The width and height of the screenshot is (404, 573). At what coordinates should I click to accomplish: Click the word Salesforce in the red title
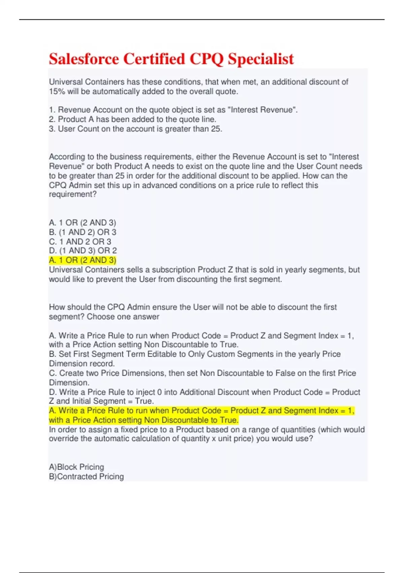(84, 59)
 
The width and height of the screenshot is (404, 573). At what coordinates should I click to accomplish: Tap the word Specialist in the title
(261, 59)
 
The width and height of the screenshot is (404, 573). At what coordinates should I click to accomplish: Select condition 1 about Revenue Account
(173, 110)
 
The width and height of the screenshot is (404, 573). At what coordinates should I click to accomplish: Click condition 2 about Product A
(133, 119)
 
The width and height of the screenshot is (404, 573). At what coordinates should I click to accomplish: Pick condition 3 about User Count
(135, 129)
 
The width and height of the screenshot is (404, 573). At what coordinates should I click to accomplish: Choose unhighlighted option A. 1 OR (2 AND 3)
(82, 223)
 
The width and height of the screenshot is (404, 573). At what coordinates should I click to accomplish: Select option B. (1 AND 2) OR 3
(82, 232)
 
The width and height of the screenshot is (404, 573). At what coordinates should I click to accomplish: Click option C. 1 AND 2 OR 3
(80, 242)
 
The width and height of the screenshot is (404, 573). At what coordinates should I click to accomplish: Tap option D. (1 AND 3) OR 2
(83, 251)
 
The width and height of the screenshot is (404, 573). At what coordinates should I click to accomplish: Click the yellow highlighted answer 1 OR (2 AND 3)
(82, 260)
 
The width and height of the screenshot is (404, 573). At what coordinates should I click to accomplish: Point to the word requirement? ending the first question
(73, 194)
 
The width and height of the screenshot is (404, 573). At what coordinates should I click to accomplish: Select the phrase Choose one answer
(123, 317)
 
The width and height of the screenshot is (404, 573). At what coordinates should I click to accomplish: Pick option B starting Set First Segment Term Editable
(195, 354)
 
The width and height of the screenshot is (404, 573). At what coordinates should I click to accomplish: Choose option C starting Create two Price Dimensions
(202, 373)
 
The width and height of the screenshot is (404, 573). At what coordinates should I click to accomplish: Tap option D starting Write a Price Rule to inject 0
(204, 392)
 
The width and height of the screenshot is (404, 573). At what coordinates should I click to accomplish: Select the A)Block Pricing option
(76, 467)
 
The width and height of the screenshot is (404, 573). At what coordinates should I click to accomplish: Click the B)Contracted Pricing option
(87, 477)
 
